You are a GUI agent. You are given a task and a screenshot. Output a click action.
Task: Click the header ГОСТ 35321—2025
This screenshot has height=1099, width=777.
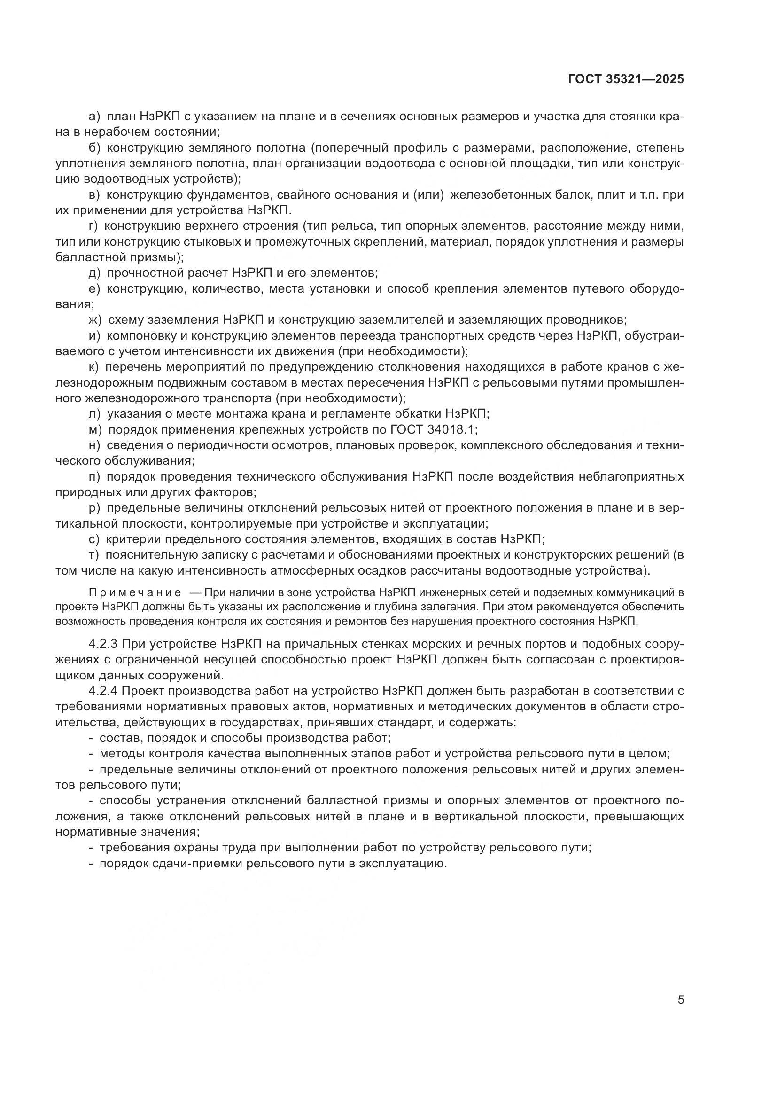point(626,79)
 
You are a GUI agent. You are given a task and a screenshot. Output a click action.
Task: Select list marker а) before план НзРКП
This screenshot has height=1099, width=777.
point(95,116)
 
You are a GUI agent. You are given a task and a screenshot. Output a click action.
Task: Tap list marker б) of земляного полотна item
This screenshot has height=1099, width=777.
point(95,147)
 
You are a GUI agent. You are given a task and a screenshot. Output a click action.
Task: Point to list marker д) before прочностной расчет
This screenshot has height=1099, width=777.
point(95,273)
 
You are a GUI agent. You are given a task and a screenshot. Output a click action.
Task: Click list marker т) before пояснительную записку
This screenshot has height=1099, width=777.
point(94,555)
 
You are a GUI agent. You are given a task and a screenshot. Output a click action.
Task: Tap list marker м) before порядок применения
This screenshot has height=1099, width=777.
point(95,429)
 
